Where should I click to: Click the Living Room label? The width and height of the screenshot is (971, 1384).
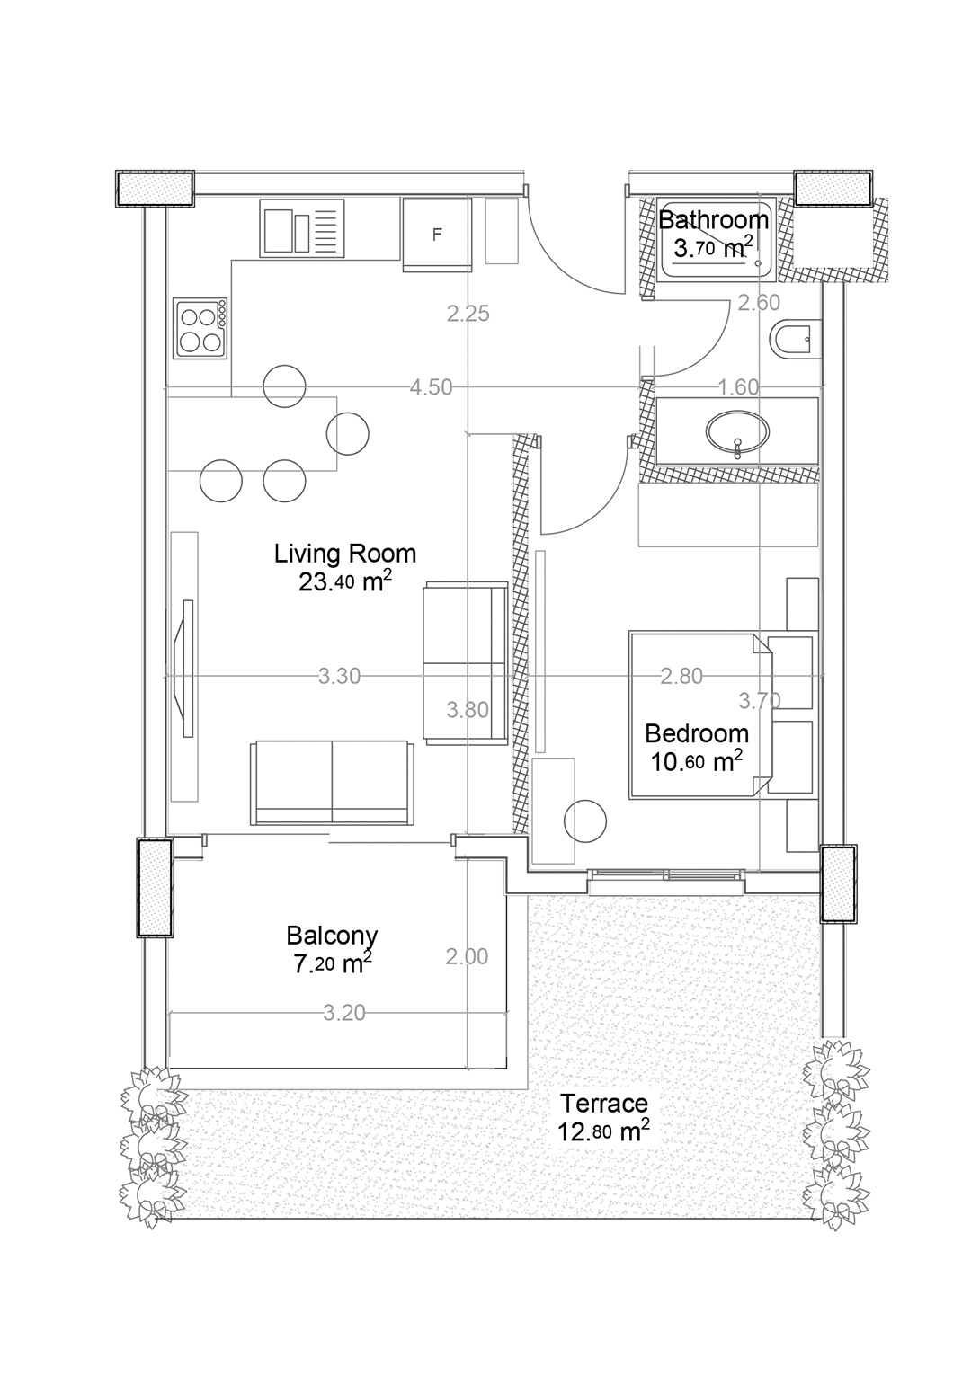coord(345,553)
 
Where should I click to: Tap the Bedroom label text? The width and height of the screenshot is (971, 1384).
coord(697,733)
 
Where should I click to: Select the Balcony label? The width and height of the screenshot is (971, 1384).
coord(332,936)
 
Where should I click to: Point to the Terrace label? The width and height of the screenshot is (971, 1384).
coord(604,1103)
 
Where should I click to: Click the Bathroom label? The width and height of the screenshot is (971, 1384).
coord(713,219)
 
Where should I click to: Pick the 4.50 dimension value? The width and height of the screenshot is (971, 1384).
coord(431,387)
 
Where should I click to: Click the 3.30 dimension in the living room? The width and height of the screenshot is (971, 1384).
coord(339,677)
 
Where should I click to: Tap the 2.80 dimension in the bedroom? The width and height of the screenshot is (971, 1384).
coord(681,677)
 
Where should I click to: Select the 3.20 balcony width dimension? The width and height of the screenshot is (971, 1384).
coord(344,1014)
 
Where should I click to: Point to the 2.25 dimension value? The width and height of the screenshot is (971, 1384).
coord(468,314)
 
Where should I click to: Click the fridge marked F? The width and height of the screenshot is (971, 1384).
coord(437,235)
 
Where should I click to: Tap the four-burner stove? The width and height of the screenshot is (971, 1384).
coord(200,328)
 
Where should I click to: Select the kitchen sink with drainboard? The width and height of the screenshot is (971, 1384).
coord(301,228)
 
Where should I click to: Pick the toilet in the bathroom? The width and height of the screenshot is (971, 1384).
coord(796,339)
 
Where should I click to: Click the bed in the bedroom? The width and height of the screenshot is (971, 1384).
coord(701,714)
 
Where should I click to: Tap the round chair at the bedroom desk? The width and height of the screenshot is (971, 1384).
coord(585,821)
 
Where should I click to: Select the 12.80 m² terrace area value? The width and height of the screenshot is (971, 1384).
coord(603,1132)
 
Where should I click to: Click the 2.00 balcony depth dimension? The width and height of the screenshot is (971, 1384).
coord(468,956)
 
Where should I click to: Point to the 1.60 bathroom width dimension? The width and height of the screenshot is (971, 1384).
coord(738,387)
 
